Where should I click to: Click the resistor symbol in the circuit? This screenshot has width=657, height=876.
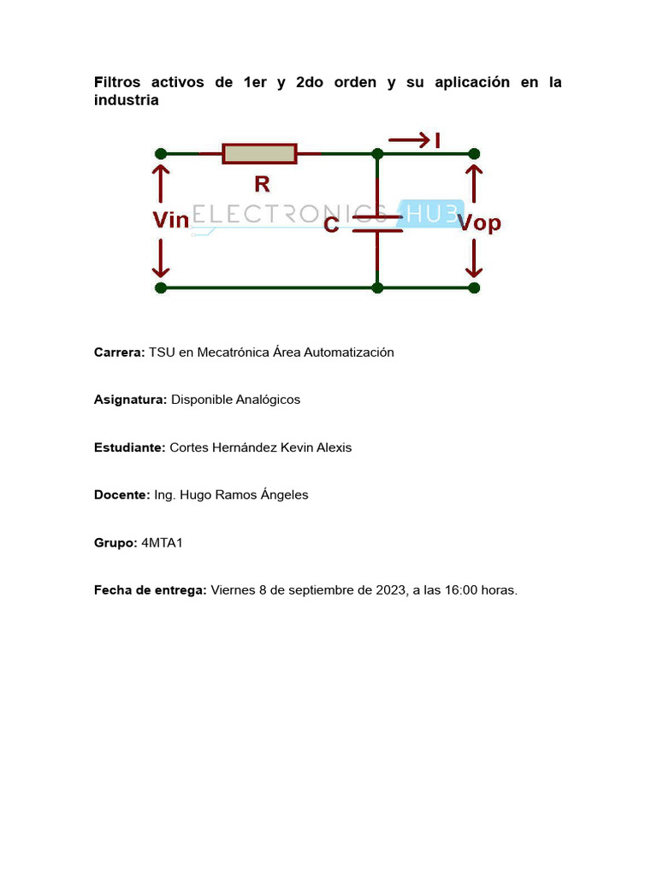[259, 154]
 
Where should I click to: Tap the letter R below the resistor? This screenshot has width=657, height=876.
[262, 183]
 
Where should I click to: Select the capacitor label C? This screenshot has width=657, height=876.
[332, 225]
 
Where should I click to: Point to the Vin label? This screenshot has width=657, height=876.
[170, 221]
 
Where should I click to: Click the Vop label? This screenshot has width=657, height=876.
[479, 224]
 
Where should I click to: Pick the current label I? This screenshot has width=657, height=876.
[438, 139]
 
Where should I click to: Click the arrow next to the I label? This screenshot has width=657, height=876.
[409, 139]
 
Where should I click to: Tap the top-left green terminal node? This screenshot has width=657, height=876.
[161, 154]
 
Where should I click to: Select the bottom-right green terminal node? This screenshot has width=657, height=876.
[474, 288]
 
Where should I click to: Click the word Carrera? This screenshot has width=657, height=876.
[119, 352]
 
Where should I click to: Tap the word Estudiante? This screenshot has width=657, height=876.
[129, 447]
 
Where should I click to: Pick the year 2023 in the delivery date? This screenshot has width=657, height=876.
[390, 590]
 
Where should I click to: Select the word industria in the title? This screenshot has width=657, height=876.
[126, 100]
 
